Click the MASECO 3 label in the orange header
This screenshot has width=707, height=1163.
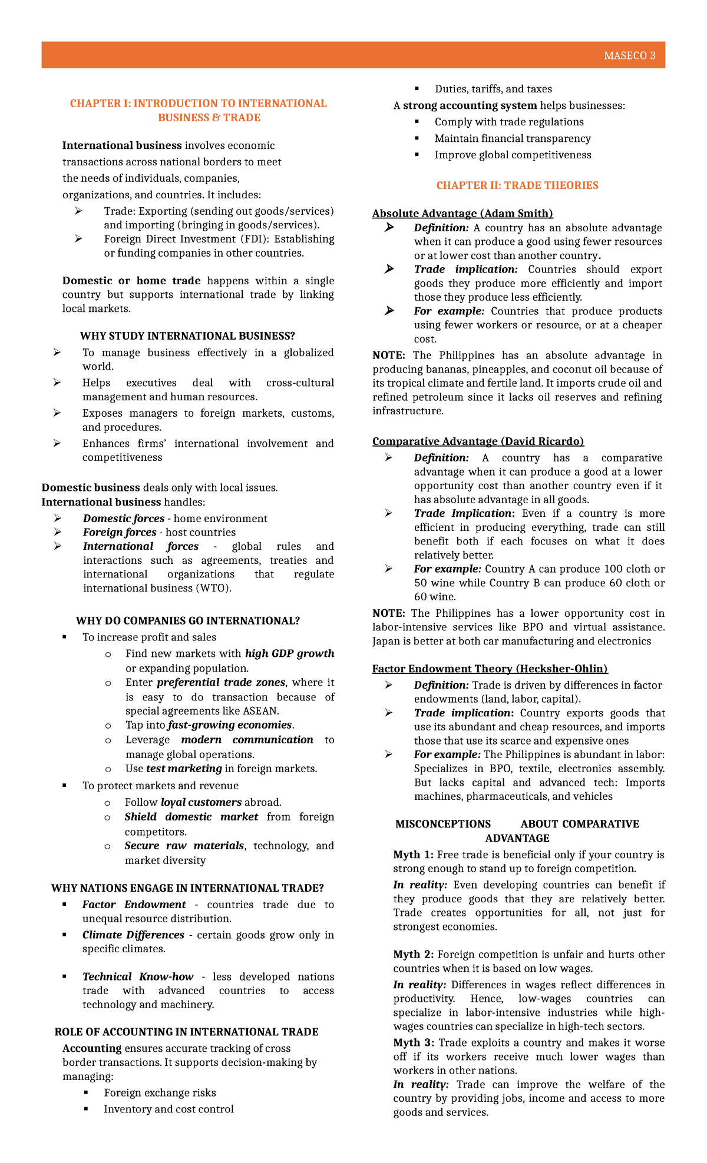[x=629, y=56]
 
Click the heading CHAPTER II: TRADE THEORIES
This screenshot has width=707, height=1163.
[x=517, y=185]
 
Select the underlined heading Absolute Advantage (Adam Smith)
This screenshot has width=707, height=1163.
[x=462, y=213]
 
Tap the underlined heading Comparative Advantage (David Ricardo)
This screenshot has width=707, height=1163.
[x=478, y=441]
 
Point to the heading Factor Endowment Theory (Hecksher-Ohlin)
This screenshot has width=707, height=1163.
[x=490, y=669]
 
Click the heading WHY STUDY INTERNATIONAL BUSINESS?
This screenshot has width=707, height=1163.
[x=187, y=336]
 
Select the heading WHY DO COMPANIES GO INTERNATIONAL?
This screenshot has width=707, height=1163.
[x=187, y=621]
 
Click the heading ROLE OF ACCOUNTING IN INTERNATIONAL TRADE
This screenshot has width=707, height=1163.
[x=186, y=1032]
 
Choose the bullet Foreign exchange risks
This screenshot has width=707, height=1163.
[x=160, y=1092]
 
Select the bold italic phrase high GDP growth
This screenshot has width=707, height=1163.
[x=289, y=653]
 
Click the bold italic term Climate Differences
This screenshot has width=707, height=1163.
[x=133, y=935]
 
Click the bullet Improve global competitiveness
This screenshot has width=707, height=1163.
[x=513, y=155]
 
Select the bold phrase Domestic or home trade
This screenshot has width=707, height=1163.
[x=131, y=281]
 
